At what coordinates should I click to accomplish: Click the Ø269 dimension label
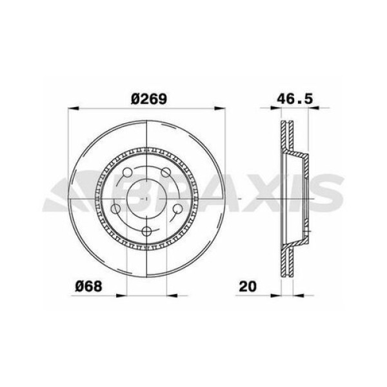pyautogui.click(x=148, y=98)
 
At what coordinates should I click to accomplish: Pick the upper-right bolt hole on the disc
pyautogui.click(x=166, y=172)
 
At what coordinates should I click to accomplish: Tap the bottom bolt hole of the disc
pyautogui.click(x=148, y=232)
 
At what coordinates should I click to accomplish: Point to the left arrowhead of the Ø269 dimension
pyautogui.click(x=72, y=108)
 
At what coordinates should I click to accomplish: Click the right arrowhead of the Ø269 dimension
pyautogui.click(x=224, y=108)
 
